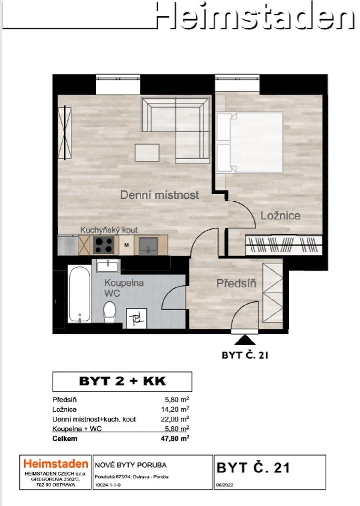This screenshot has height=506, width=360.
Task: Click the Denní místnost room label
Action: (x=159, y=195)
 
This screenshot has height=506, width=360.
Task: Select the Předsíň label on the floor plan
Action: (x=236, y=283)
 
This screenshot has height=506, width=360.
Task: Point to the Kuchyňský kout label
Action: (x=109, y=230)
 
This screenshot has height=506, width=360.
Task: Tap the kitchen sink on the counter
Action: (x=148, y=245)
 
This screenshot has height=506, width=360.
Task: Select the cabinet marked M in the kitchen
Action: (x=127, y=245)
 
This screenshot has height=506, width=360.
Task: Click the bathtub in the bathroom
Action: (x=79, y=294)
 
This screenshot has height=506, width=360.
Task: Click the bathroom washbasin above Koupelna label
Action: (x=108, y=266)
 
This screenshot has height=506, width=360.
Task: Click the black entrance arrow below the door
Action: (x=245, y=340)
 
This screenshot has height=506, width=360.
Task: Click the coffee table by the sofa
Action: (x=147, y=152)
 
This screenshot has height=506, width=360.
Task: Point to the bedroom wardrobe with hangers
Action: (x=284, y=245)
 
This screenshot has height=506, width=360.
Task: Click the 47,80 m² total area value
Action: (x=174, y=438)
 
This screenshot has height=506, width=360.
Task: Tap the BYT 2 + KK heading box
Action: (x=122, y=381)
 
